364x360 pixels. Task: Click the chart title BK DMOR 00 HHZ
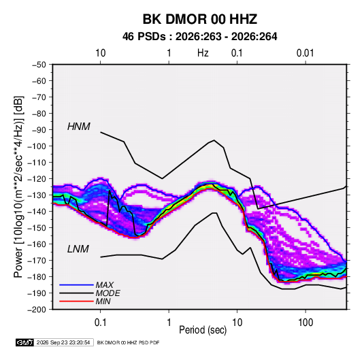point(200,19)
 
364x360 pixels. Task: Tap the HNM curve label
point(79,127)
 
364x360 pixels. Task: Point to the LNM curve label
point(78,249)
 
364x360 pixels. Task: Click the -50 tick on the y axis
point(39,65)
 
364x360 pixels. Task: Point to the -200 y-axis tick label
point(37,310)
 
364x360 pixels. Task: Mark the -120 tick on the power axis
point(37,179)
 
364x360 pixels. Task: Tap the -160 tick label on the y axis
point(37,244)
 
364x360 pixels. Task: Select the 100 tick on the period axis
point(305,323)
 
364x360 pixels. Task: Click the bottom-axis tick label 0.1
point(100,323)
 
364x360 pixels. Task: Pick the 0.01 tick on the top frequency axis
point(305,53)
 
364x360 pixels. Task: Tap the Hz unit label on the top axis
point(203,53)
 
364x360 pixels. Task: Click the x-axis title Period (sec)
point(203,330)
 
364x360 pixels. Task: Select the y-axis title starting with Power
point(18,187)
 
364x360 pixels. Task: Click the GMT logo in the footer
point(25,342)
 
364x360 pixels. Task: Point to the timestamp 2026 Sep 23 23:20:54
point(63,342)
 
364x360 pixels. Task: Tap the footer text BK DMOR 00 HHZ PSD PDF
point(128,342)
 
